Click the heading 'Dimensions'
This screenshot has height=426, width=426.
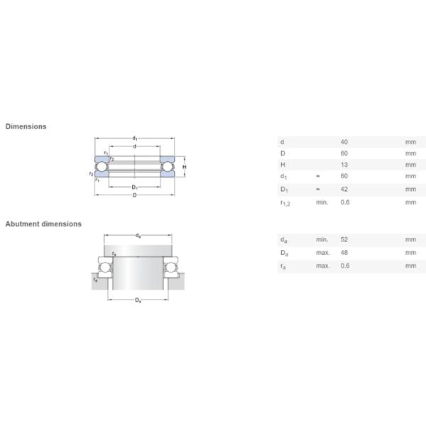[26, 126]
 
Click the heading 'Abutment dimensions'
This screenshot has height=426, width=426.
[43, 224]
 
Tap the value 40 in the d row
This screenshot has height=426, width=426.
[345, 142]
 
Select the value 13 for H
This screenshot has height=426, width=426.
[345, 165]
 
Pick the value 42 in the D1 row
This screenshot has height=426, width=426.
[345, 190]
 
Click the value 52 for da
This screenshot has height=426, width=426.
[345, 240]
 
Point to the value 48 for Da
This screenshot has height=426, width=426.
[345, 253]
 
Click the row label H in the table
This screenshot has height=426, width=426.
[283, 165]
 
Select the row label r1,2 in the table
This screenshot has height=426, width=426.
[285, 202]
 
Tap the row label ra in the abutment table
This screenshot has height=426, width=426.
[283, 266]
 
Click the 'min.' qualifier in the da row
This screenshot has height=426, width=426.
[322, 240]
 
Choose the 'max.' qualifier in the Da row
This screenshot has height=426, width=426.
[323, 253]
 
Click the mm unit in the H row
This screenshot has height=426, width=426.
[410, 165]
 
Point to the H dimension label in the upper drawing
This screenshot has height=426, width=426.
[184, 168]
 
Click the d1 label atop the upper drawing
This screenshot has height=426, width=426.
[133, 138]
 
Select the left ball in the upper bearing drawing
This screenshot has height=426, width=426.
[102, 168]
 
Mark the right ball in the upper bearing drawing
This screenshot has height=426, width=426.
[167, 168]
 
